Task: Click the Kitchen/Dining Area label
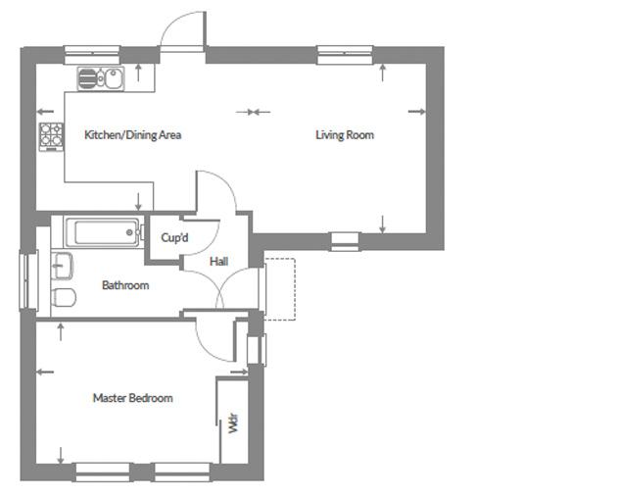click(x=133, y=135)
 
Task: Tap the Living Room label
click(x=345, y=135)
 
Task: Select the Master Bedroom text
click(x=133, y=398)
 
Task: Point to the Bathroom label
click(x=125, y=285)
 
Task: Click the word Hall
click(x=218, y=261)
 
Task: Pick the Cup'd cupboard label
click(x=174, y=237)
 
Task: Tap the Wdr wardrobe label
click(x=233, y=422)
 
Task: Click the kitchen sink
click(x=101, y=78)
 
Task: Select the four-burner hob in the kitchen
click(x=51, y=136)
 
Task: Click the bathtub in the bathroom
click(x=104, y=232)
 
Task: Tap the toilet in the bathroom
click(x=64, y=297)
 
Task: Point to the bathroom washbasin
click(x=62, y=266)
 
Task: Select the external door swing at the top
click(x=183, y=30)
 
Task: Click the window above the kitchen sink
click(x=92, y=55)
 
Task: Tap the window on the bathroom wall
click(x=29, y=280)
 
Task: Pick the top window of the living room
click(x=345, y=55)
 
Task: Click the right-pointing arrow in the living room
click(x=416, y=112)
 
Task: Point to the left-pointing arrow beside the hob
click(x=45, y=112)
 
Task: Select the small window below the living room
click(x=345, y=241)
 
